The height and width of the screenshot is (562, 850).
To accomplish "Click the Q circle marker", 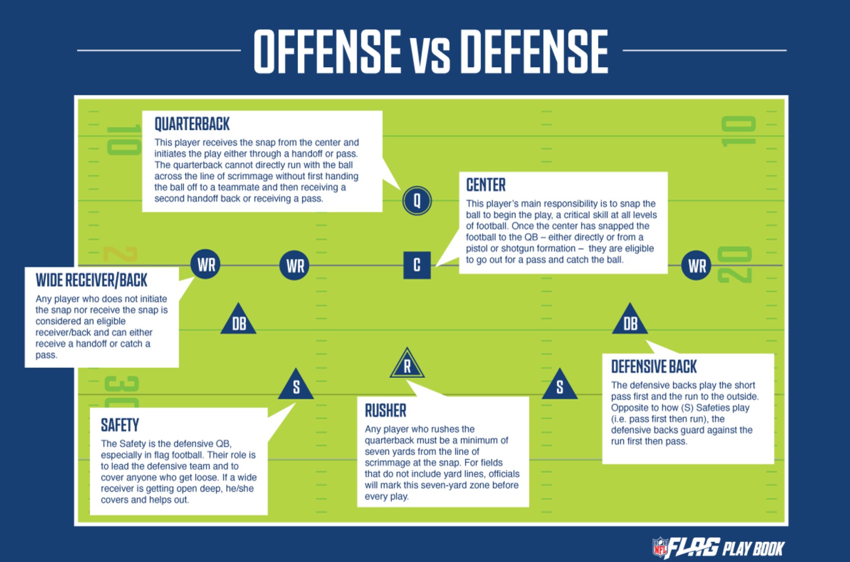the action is click(417, 200).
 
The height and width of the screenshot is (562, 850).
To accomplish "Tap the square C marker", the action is click(417, 265).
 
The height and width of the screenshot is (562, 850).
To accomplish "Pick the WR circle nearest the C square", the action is click(295, 265).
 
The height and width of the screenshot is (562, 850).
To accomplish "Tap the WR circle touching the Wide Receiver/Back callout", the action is click(205, 264).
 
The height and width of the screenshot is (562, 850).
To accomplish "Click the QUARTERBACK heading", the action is click(192, 124).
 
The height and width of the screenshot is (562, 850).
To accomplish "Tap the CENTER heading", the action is click(486, 185).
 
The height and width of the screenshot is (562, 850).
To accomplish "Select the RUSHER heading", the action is click(385, 410).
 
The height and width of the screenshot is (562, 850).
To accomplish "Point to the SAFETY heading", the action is click(120, 425).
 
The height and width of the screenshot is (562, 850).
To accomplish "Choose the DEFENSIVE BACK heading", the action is click(654, 367).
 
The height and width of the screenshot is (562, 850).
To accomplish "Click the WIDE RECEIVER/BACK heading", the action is click(92, 280).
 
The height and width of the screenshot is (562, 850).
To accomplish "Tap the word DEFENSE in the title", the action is click(534, 51).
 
